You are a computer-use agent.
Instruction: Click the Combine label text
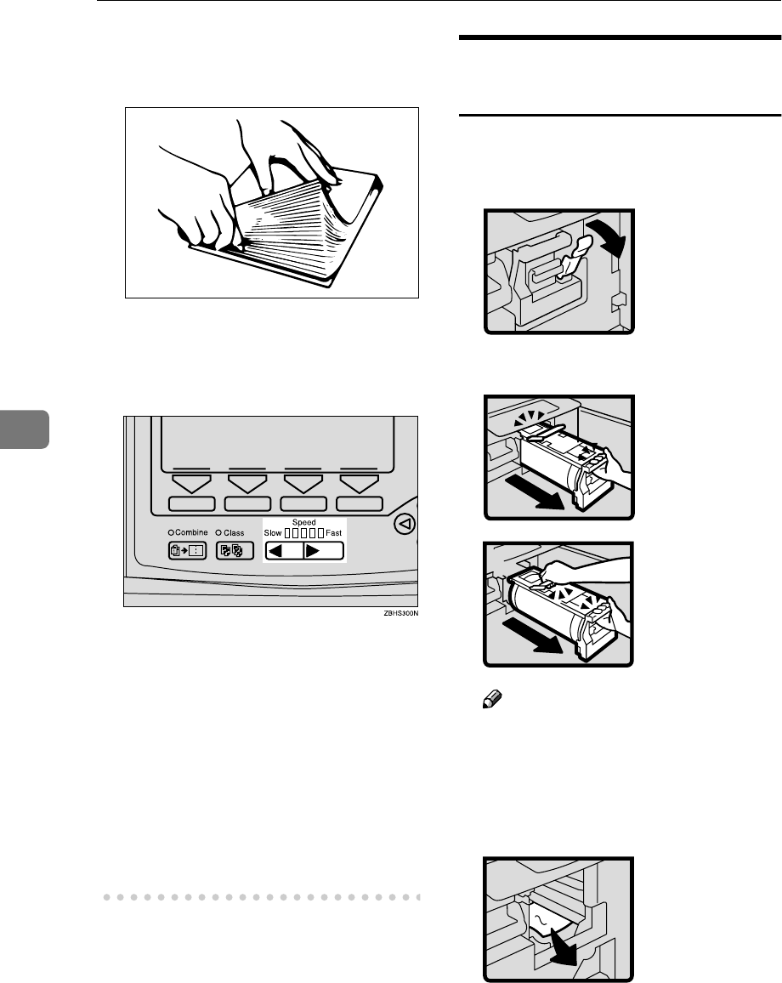click(x=190, y=533)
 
